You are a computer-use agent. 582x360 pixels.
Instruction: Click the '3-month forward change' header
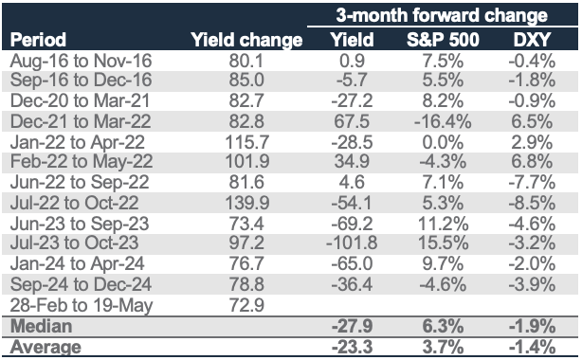pyautogui.click(x=442, y=16)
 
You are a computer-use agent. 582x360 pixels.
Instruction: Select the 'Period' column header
pyautogui.click(x=38, y=40)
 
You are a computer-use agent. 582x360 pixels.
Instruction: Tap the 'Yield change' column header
pyautogui.click(x=246, y=40)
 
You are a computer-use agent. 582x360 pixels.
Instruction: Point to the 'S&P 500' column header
pyautogui.click(x=443, y=40)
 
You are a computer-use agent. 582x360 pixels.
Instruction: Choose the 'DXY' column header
pyautogui.click(x=532, y=40)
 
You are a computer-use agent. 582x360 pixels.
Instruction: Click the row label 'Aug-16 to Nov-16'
pyautogui.click(x=81, y=61)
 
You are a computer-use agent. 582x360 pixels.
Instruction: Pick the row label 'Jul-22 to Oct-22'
pyautogui.click(x=74, y=203)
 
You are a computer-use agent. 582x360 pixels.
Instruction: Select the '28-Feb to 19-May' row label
pyautogui.click(x=82, y=305)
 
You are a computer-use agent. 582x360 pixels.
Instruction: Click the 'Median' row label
pyautogui.click(x=41, y=326)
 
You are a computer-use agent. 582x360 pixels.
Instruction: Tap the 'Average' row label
pyautogui.click(x=45, y=347)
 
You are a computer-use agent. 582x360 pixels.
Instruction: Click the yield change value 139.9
pyautogui.click(x=247, y=203)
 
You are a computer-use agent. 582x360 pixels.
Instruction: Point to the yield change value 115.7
pyautogui.click(x=247, y=142)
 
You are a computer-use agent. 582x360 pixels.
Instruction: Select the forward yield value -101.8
pyautogui.click(x=352, y=243)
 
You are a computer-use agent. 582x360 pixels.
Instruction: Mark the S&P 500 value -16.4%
pyautogui.click(x=443, y=121)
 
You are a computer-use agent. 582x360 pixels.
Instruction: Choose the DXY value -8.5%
pyautogui.click(x=532, y=203)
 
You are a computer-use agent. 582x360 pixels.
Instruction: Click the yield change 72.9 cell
pyautogui.click(x=246, y=305)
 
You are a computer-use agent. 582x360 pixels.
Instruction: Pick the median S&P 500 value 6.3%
pyautogui.click(x=443, y=326)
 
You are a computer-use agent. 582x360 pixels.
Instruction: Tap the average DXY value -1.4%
pyautogui.click(x=532, y=347)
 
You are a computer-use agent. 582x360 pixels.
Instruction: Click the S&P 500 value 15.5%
pyautogui.click(x=443, y=243)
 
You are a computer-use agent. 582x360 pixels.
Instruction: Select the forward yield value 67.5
pyautogui.click(x=352, y=121)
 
